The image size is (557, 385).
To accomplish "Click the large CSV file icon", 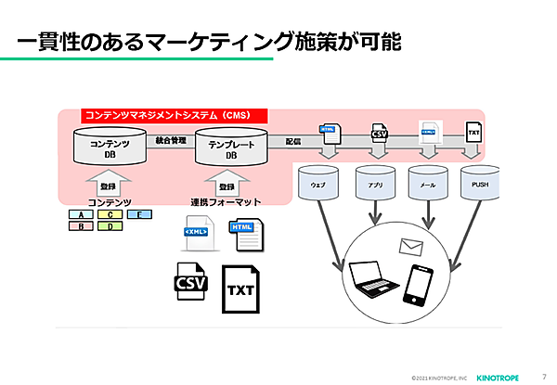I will pyautogui.click(x=191, y=281).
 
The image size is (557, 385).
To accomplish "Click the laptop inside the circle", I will pyautogui.click(x=374, y=281).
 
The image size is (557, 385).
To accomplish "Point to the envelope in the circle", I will pyautogui.click(x=411, y=247).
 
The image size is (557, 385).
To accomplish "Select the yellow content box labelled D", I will pyautogui.click(x=110, y=225).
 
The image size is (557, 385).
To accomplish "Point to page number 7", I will pyautogui.click(x=543, y=375).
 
